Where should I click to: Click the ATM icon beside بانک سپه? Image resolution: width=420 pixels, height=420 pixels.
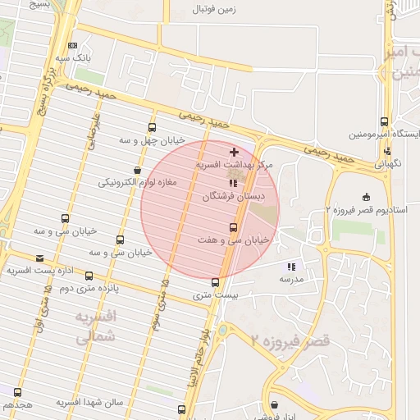(74, 46)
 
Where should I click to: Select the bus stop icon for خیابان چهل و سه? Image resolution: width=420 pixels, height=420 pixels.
(152, 127)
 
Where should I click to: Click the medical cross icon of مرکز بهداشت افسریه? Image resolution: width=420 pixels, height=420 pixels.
(235, 152)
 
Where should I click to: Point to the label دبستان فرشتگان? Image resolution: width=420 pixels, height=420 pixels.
(235, 197)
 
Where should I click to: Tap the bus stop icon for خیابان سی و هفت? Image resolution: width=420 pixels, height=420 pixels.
(233, 227)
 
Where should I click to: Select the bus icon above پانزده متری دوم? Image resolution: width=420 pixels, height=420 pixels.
(89, 276)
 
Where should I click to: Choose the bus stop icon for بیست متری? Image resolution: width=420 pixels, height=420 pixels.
(215, 281)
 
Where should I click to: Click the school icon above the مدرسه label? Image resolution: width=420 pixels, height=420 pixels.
(290, 267)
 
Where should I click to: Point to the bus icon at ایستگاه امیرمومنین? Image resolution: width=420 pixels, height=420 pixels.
(385, 121)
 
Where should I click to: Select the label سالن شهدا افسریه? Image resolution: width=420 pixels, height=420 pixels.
(89, 403)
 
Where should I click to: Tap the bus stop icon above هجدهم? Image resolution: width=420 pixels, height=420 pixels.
(17, 391)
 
